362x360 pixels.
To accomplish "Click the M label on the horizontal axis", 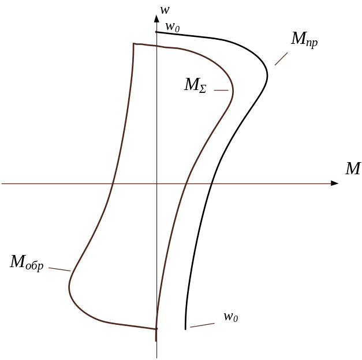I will point(353,169).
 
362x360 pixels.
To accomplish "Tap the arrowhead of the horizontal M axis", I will point(334,183).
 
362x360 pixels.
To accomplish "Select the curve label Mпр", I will point(304,40).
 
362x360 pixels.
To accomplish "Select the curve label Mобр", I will point(27,262).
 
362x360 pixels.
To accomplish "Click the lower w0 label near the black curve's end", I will point(231,317).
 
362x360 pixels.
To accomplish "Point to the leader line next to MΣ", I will point(221,90).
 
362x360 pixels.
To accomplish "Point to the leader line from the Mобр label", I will point(59,269).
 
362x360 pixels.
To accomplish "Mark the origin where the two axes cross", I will point(156,183).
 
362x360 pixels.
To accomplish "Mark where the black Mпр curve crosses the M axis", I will point(211,183).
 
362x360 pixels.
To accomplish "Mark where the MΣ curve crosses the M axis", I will point(185,183).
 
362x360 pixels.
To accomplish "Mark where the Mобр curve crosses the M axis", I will point(113,183).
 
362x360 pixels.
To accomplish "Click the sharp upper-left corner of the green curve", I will point(133,43).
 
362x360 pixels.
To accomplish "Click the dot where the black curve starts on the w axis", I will point(156,32).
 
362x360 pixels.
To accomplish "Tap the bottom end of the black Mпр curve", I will point(185,328).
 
